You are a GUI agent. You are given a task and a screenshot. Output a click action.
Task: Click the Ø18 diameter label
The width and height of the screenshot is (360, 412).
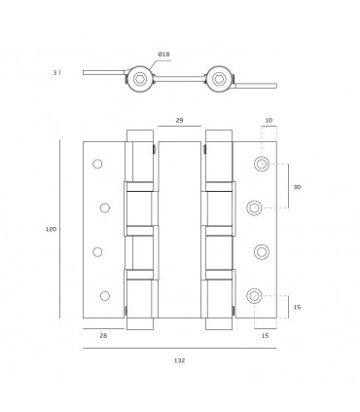tap(163, 55)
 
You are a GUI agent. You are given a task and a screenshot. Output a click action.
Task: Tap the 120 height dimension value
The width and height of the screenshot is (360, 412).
tap(51, 229)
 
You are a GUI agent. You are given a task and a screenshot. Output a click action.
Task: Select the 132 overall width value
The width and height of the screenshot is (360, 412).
tap(179, 360)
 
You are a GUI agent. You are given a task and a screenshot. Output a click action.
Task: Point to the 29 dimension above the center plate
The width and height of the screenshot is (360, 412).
tap(179, 120)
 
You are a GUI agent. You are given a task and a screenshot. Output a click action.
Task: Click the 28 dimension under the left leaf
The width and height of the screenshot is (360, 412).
tap(103, 336)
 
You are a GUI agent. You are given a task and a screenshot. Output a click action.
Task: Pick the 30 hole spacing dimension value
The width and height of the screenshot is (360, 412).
tap(297, 187)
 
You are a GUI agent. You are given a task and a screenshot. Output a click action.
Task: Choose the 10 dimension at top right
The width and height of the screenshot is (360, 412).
tap(269, 120)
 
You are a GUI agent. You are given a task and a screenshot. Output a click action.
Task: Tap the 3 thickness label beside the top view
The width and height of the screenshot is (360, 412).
tap(55, 73)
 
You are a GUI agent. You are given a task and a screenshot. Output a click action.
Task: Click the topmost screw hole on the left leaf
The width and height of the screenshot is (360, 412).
tap(97, 164)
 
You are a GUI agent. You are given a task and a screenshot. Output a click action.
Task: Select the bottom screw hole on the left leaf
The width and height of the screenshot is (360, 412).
tap(105, 296)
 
